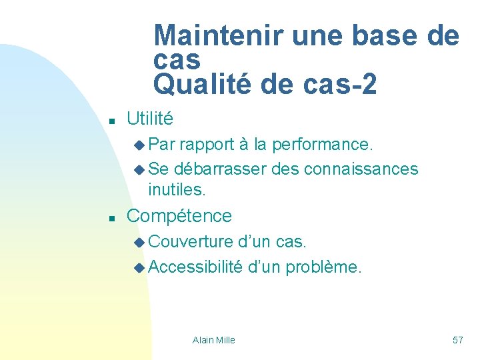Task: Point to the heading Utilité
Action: click(x=150, y=119)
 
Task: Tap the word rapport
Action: click(x=207, y=143)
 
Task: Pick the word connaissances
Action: click(x=361, y=169)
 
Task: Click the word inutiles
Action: click(x=177, y=190)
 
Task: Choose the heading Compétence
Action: click(x=179, y=215)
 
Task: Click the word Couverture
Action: click(x=191, y=241)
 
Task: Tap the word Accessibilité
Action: click(x=195, y=267)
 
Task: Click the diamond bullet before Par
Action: click(x=139, y=144)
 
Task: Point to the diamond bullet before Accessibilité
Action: click(x=139, y=268)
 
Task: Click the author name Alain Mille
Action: click(x=213, y=340)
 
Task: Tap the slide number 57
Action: click(x=457, y=340)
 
